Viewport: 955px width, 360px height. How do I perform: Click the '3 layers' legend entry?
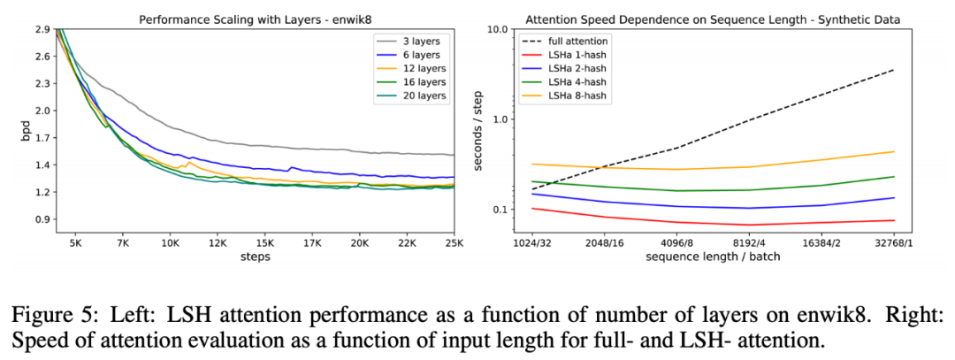click(x=416, y=42)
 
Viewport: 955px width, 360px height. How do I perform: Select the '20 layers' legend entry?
click(x=418, y=96)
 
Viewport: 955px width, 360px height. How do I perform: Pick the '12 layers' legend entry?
click(x=418, y=69)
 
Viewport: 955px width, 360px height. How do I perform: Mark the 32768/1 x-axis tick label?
click(x=895, y=241)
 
